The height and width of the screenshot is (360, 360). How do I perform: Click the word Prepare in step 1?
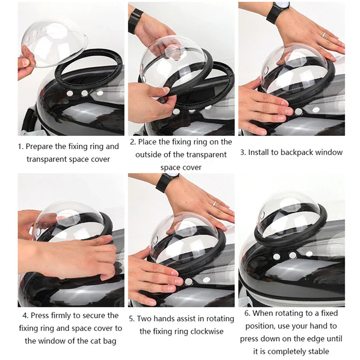(x=41, y=146)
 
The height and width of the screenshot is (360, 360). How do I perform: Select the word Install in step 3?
(x=261, y=152)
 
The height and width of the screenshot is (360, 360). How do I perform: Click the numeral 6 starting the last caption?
(x=247, y=313)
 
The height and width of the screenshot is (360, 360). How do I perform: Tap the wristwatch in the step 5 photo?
(x=164, y=182)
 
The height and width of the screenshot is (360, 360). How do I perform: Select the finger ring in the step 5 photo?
(x=215, y=203)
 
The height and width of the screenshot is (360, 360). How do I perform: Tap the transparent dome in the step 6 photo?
(x=290, y=211)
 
